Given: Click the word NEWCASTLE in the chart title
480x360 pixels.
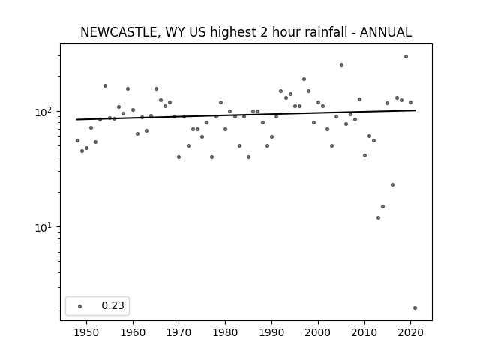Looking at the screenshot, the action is click(x=118, y=32).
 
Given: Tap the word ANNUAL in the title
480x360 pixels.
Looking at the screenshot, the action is click(x=385, y=32).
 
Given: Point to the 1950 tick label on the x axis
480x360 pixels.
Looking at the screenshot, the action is click(x=87, y=332).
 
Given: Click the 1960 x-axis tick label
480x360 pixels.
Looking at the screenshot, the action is click(x=133, y=332).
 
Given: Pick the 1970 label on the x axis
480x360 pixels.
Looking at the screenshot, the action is click(x=178, y=332).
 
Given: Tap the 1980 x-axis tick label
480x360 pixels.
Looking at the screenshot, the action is click(x=225, y=332).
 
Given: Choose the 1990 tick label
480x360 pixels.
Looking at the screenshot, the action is click(x=271, y=332).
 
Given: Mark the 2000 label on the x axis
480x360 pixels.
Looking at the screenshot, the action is click(x=318, y=332).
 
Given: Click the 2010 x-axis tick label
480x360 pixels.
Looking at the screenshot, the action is click(x=364, y=332).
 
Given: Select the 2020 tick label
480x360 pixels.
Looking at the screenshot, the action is click(x=410, y=332).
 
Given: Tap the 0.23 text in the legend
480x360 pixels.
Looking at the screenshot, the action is click(x=113, y=305).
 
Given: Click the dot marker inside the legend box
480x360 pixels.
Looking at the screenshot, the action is click(x=80, y=306).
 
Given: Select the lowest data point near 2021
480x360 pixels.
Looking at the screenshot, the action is click(x=415, y=308).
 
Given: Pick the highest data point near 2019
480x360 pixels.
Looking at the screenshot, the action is click(x=406, y=57).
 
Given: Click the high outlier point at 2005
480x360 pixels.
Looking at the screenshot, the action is click(x=342, y=65).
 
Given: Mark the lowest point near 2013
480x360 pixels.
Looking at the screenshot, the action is click(x=378, y=218).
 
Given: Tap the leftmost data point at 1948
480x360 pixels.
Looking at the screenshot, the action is click(x=77, y=140).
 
